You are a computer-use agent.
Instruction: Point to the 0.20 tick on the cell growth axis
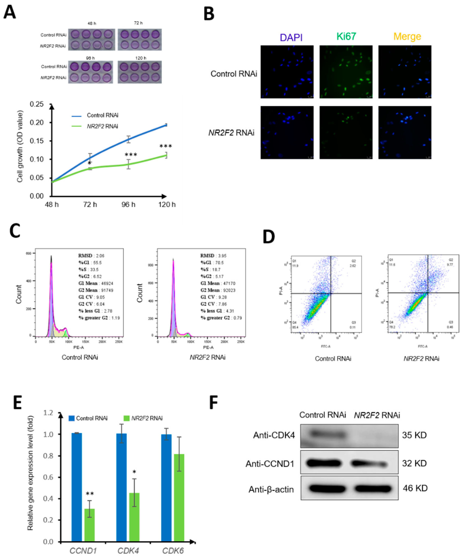37,123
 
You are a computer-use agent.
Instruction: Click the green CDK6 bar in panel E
179,498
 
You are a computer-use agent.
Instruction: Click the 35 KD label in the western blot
414,435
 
